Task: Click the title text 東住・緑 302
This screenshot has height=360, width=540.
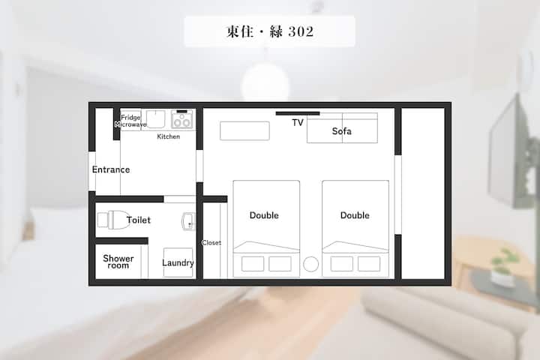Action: (x=270, y=31)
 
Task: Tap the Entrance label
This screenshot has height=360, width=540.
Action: (x=111, y=169)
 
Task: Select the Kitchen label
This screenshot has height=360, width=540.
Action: (x=169, y=136)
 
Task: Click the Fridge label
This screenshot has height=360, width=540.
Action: (x=130, y=118)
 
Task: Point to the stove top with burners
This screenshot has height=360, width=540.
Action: (x=181, y=119)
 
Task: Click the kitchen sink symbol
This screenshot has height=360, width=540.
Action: (x=156, y=119)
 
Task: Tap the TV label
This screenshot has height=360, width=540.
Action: (x=298, y=123)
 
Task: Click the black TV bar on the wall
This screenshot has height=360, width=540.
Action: (x=298, y=113)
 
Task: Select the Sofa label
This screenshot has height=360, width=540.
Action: (x=342, y=131)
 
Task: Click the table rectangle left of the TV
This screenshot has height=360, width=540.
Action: (x=244, y=131)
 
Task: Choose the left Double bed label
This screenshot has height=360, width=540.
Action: (x=264, y=215)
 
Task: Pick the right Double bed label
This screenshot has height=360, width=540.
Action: (x=355, y=215)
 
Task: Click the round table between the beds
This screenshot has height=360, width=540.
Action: (x=311, y=264)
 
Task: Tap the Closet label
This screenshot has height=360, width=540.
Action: (x=211, y=243)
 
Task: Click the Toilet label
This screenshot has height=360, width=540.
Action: (x=139, y=220)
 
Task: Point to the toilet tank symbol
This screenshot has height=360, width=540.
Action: (x=103, y=220)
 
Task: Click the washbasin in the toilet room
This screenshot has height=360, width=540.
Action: (x=188, y=221)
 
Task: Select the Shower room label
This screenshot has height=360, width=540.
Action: (x=118, y=262)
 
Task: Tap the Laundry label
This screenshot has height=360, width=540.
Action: (x=178, y=262)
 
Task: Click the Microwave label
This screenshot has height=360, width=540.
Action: (x=130, y=124)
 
